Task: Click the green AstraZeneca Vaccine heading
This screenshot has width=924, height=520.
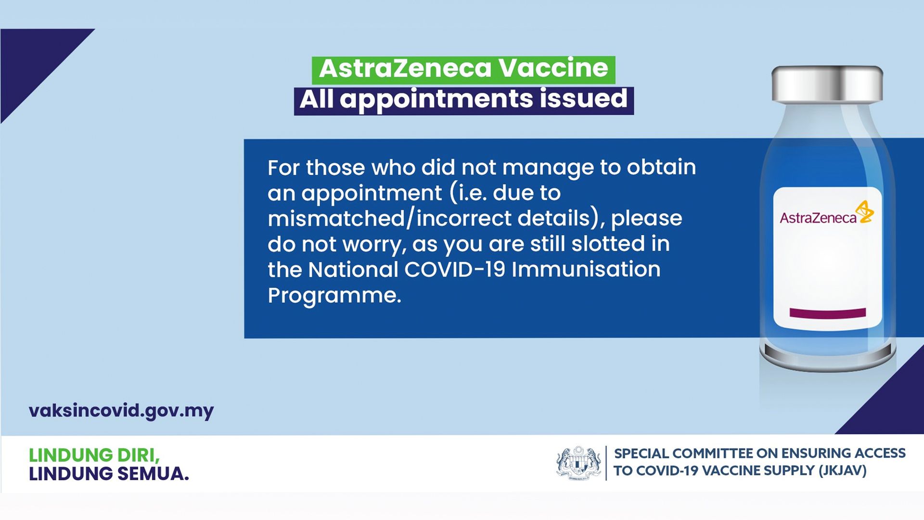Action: (x=463, y=69)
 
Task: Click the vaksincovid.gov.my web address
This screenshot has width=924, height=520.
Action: (x=121, y=411)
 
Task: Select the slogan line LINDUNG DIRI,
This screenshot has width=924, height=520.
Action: (x=94, y=455)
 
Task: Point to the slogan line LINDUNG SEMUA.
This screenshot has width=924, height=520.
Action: (x=109, y=474)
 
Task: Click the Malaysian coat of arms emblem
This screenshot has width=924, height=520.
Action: (x=578, y=463)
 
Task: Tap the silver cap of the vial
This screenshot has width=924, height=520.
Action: (x=827, y=84)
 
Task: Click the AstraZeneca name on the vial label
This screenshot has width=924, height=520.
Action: (x=818, y=218)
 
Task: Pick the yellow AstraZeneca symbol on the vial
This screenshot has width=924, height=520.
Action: (x=865, y=212)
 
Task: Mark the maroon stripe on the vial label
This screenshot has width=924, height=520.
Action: (x=828, y=313)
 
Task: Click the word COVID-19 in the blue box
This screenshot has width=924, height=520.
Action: (x=455, y=270)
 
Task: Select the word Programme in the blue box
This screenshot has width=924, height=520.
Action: (x=334, y=295)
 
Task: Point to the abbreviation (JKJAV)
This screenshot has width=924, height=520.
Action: (x=843, y=471)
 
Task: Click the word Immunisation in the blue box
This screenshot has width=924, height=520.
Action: (x=586, y=270)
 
